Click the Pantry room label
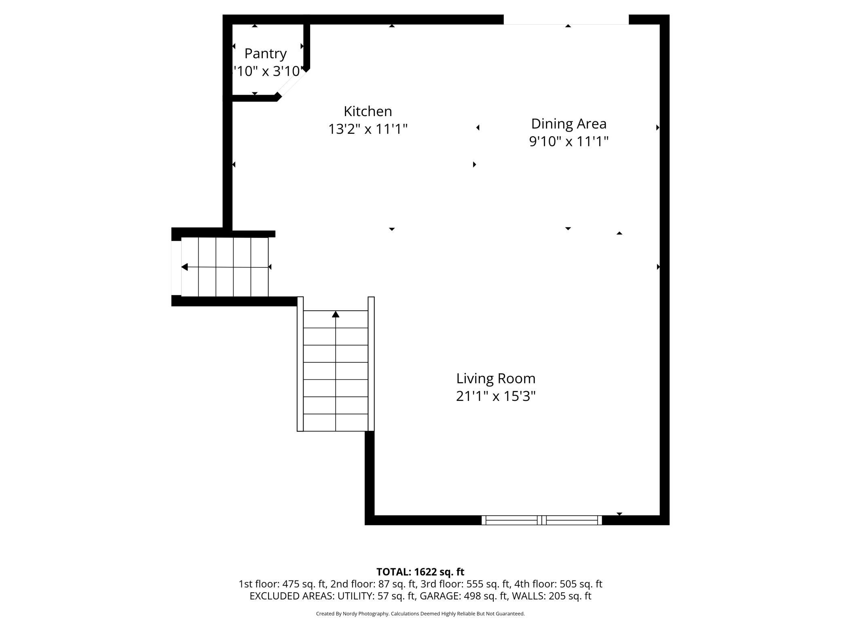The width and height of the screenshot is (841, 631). click(x=265, y=53)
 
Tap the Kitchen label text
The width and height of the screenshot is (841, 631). click(x=368, y=111)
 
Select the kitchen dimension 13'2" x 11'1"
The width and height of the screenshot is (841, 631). click(x=368, y=129)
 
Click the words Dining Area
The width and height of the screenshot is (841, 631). click(x=568, y=124)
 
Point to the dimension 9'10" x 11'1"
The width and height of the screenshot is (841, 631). click(x=568, y=142)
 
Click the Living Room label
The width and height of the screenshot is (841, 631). click(x=496, y=379)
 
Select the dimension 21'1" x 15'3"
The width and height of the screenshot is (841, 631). click(x=496, y=396)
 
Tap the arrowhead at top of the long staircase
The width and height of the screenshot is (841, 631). click(x=336, y=314)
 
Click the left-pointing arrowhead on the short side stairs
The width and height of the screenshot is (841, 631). click(x=184, y=267)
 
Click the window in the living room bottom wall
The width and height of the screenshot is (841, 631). click(x=541, y=520)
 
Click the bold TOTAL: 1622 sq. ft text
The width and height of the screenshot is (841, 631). click(x=420, y=572)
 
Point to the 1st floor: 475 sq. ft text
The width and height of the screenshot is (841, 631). click(x=282, y=584)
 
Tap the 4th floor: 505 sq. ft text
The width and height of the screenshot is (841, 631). click(x=558, y=584)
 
